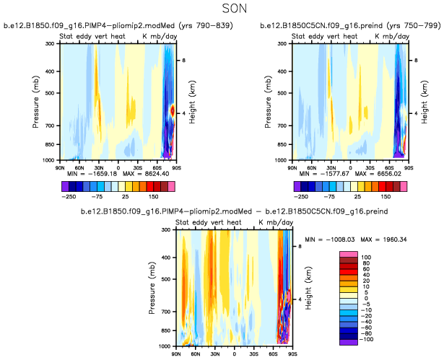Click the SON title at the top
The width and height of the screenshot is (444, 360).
tap(221, 9)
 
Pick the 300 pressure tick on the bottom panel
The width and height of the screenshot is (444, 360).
tap(165, 230)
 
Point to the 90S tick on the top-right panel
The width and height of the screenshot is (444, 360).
tap(409, 166)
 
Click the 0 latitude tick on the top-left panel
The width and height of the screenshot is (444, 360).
tap(118, 166)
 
